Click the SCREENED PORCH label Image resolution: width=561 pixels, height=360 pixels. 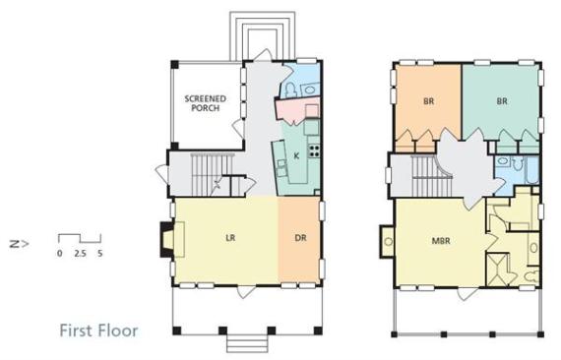205,103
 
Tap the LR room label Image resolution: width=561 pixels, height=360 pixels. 230,237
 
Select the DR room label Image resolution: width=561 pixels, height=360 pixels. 300,237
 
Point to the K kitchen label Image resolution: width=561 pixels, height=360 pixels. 296,155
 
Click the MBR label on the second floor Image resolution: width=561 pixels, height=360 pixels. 441,241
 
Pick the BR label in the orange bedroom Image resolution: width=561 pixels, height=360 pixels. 428,101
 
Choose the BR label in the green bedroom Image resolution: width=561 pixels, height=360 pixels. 502,101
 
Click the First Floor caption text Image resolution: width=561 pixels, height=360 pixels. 98,330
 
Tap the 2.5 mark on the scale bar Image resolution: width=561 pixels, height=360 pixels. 80,253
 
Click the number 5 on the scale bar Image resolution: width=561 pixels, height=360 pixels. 99,253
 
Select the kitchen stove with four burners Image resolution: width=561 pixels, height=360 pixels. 314,150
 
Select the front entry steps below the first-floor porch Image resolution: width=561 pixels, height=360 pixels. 247,343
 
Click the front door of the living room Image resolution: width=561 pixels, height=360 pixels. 247,291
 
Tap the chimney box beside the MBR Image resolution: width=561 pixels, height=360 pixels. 387,241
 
